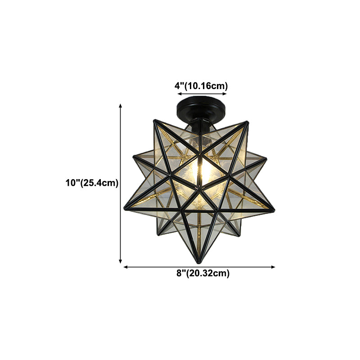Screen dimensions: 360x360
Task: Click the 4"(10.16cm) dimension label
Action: coord(202,85)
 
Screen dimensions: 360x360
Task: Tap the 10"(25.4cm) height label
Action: coord(91,183)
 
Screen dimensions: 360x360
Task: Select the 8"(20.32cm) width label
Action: coord(202,273)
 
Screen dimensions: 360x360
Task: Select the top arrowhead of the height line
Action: coord(120,105)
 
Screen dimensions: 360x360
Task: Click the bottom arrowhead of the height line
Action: coord(120,261)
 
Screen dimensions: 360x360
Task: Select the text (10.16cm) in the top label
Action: coord(207,85)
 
